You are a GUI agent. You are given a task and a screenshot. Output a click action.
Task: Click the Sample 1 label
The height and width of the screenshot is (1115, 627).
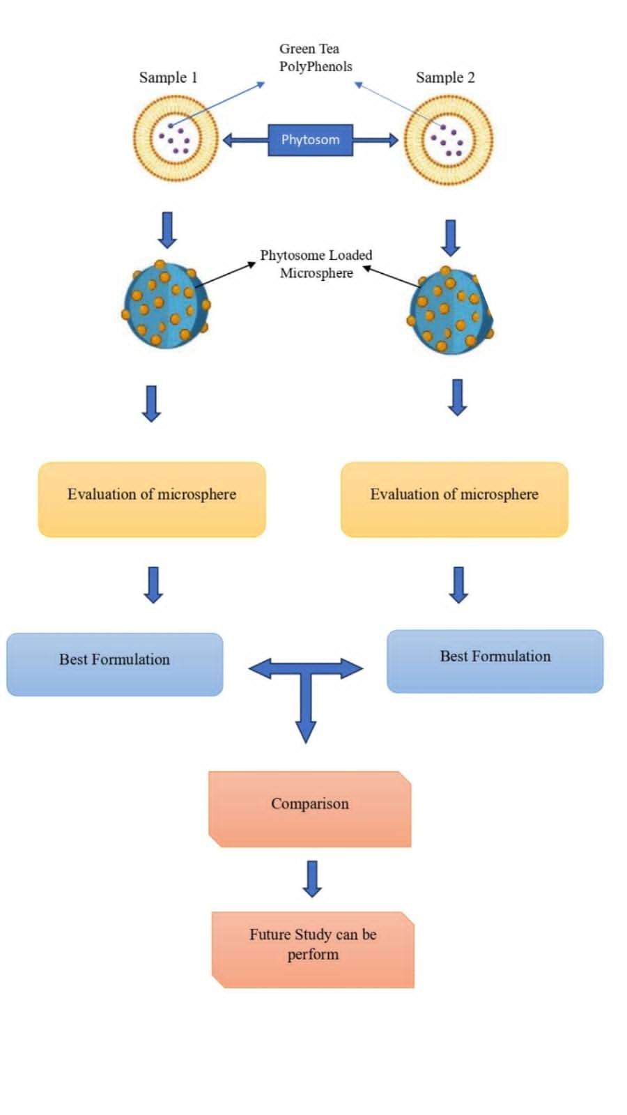(168, 77)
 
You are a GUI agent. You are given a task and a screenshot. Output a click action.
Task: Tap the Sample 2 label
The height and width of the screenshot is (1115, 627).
(445, 77)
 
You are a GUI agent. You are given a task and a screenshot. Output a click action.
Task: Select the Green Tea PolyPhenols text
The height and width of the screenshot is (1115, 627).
(315, 58)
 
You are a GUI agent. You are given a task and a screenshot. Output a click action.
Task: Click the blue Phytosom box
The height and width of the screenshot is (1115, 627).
(310, 139)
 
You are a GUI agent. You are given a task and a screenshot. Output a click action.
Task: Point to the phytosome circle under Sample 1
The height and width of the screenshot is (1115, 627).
(176, 138)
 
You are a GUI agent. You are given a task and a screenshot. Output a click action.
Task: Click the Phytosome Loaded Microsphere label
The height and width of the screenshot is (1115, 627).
(316, 264)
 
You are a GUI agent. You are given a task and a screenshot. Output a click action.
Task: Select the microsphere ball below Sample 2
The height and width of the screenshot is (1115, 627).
(450, 311)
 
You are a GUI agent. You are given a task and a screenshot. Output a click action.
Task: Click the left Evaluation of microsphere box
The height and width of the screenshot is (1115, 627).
(152, 499)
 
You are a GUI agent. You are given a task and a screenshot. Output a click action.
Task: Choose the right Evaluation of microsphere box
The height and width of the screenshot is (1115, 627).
(454, 499)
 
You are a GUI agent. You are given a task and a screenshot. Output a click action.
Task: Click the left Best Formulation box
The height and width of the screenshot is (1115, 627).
(115, 664)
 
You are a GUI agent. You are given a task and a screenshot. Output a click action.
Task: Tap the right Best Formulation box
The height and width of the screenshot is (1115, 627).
(495, 661)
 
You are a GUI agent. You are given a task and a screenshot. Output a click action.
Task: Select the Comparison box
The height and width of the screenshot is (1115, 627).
(310, 808)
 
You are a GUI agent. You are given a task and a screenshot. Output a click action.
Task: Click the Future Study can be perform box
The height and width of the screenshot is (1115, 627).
(313, 949)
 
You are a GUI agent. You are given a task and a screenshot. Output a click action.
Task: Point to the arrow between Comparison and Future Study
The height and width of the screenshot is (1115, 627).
(312, 878)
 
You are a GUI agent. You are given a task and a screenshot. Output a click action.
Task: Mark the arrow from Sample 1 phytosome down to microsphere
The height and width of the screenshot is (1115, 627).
(167, 230)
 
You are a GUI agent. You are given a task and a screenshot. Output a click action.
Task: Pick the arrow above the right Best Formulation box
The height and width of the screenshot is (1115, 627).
(458, 584)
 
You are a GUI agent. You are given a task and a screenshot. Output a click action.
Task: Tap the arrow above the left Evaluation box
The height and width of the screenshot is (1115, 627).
(151, 403)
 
